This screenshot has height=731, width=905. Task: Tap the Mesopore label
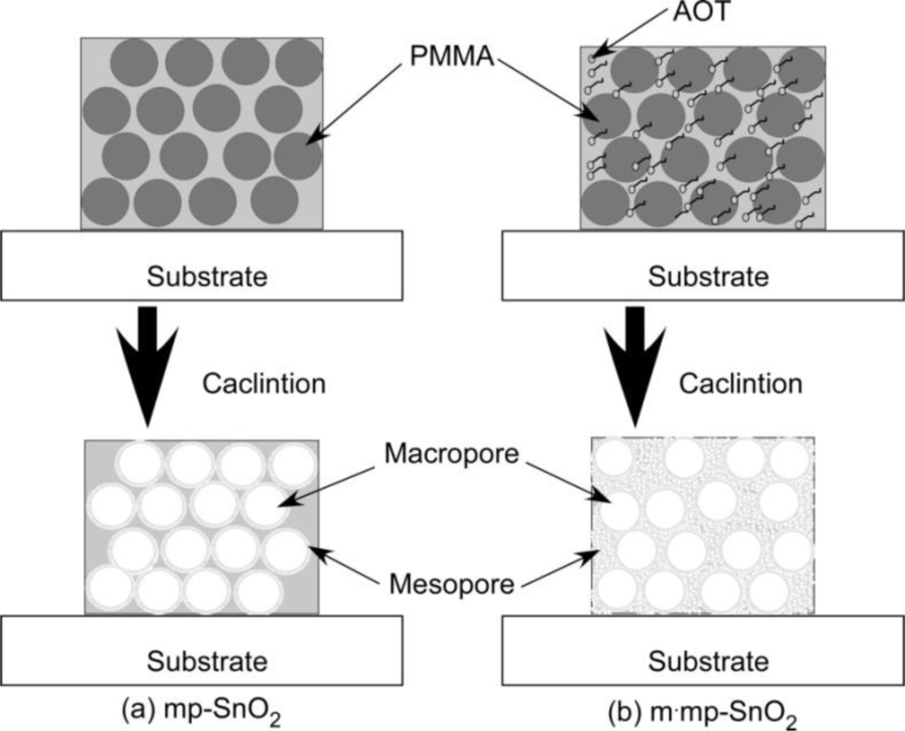(453, 583)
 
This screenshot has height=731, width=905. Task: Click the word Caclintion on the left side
(263, 384)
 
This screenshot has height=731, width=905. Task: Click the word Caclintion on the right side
(741, 384)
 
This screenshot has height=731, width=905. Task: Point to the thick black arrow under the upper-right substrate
(634, 362)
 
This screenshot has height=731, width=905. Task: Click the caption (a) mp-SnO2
(202, 711)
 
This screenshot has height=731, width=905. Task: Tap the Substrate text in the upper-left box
(207, 277)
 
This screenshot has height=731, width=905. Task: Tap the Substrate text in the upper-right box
(708, 277)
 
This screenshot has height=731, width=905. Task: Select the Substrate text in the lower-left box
(207, 661)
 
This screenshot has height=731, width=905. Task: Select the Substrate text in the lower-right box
(708, 661)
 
